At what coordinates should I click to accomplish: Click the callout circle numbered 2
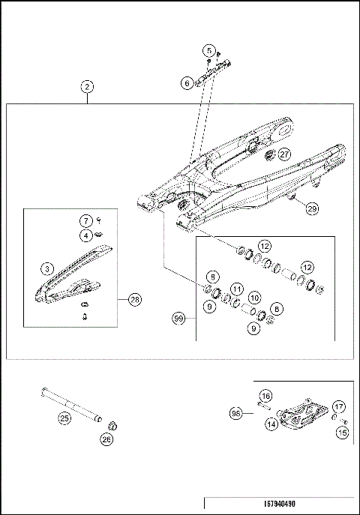(x=88, y=87)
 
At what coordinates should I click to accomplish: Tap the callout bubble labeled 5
(x=208, y=50)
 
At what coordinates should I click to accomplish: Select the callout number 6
(x=187, y=85)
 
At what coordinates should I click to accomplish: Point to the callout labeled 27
(x=284, y=154)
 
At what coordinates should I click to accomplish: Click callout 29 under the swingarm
(x=311, y=210)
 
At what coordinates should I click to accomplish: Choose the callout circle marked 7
(x=87, y=221)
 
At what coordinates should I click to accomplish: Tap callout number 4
(x=87, y=235)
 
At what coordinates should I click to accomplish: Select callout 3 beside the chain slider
(x=46, y=267)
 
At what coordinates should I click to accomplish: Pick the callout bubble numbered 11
(x=236, y=289)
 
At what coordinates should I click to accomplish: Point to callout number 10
(x=254, y=298)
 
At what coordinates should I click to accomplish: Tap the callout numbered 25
(x=64, y=418)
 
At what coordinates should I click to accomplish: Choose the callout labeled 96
(x=235, y=413)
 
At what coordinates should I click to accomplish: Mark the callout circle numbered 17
(x=339, y=407)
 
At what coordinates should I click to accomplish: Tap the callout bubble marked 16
(x=265, y=395)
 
